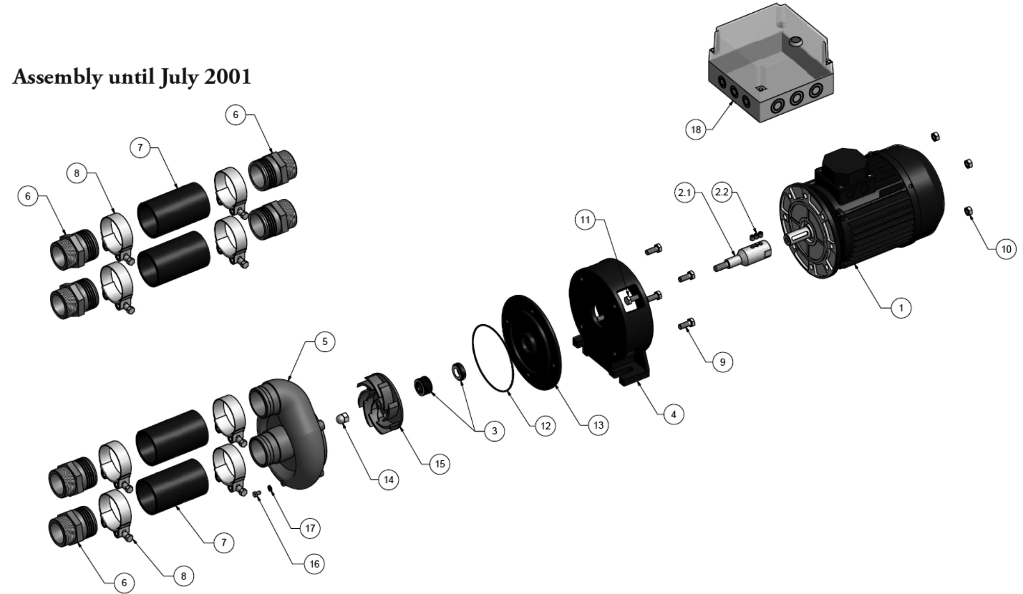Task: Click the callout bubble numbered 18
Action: click(x=696, y=130)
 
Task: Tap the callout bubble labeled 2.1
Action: click(x=684, y=193)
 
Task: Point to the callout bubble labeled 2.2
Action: click(x=722, y=192)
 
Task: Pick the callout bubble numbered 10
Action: click(x=1006, y=249)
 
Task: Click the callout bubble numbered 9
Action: click(x=722, y=362)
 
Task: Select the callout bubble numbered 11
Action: click(x=585, y=220)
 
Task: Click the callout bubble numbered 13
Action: click(x=598, y=425)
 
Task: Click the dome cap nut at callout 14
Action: click(x=343, y=419)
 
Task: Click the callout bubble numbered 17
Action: click(x=310, y=528)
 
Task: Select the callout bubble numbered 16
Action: click(x=314, y=564)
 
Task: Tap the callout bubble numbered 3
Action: click(x=494, y=431)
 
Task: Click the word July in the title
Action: click(x=179, y=78)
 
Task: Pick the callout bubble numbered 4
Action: click(x=673, y=415)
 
